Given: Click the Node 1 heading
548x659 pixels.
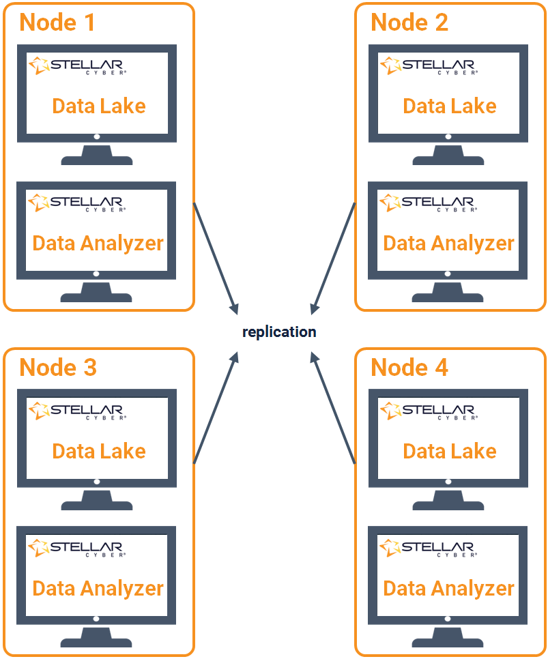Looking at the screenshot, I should click(x=57, y=23).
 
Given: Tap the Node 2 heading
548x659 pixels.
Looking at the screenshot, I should click(x=409, y=23).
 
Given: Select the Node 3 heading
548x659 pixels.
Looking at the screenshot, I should click(x=58, y=368).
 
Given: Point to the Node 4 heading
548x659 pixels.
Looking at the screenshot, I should click(x=409, y=368).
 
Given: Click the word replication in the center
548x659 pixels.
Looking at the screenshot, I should click(x=279, y=332).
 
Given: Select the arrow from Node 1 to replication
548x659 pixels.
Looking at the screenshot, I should click(x=216, y=258).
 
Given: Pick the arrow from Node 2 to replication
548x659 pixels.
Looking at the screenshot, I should click(x=333, y=258).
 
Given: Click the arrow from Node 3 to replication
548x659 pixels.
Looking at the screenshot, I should click(x=216, y=408).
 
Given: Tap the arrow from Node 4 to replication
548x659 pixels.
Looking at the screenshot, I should click(x=333, y=408).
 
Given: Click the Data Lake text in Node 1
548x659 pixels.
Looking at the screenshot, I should click(x=99, y=106).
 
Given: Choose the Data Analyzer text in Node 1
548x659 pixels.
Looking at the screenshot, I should click(x=98, y=244).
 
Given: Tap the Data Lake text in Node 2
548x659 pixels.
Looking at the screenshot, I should click(x=450, y=106).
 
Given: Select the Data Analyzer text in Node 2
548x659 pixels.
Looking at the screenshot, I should click(x=449, y=244).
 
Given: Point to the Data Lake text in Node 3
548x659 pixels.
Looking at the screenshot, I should click(x=99, y=452).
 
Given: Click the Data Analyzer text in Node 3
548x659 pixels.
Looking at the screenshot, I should click(x=98, y=589).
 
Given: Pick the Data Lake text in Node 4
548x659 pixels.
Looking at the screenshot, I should click(x=450, y=452).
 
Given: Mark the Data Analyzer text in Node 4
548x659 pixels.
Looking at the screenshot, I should click(x=449, y=589).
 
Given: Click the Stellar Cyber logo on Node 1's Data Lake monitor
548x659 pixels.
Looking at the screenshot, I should click(x=76, y=66).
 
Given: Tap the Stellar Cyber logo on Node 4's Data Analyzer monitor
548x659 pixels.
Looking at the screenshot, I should click(x=427, y=548).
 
